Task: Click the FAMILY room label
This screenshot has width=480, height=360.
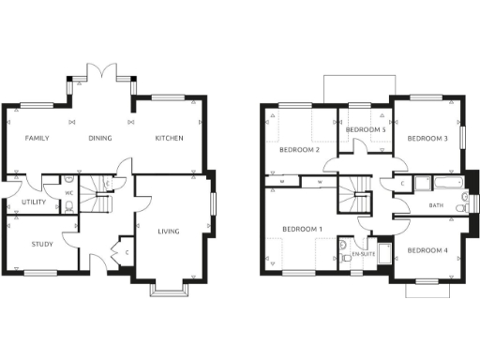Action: [x=37, y=139]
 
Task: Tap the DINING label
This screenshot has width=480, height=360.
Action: [x=100, y=139]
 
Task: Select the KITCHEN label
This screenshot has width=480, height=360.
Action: [x=169, y=139]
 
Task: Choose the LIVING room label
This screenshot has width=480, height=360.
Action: [x=169, y=232]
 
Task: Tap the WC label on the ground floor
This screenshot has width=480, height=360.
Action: [x=68, y=194]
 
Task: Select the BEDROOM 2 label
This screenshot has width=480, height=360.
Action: [x=299, y=149]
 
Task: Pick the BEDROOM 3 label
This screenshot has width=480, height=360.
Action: [x=426, y=139]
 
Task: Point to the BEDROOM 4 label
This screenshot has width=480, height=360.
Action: [x=427, y=250]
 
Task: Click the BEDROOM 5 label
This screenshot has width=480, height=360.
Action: [x=367, y=129]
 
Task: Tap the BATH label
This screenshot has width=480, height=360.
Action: [x=436, y=205]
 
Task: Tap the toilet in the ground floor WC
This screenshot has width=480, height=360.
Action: [x=70, y=208]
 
